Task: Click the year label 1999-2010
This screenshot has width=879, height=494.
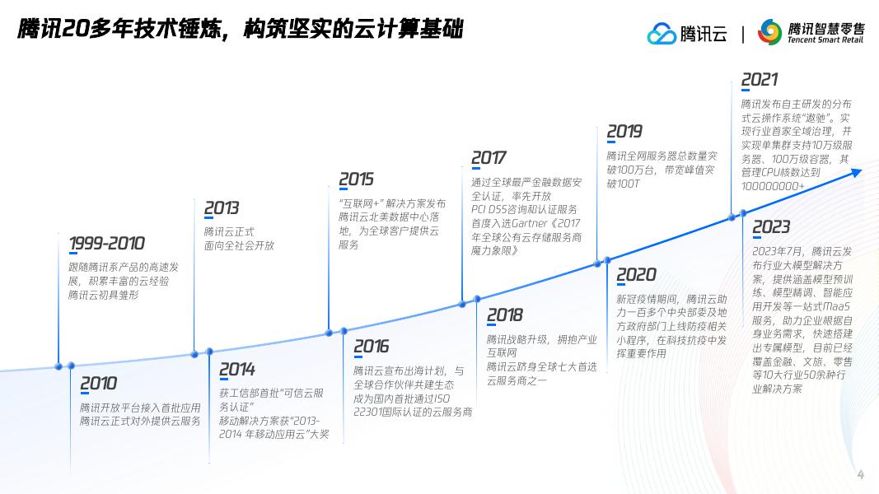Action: coord(106,244)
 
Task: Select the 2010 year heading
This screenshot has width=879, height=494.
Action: coord(98,384)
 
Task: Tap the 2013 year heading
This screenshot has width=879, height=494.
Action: coord(221,208)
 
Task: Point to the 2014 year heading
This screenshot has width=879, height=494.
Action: coord(236,370)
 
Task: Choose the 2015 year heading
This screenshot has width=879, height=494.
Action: coord(356,179)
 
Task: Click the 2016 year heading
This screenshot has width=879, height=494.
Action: coord(371,347)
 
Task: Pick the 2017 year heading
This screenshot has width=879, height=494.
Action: coord(489,158)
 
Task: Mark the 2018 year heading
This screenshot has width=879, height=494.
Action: coord(504,315)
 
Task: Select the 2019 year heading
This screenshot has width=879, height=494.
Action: coord(624,132)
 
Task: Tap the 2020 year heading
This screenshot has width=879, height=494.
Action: coord(636,275)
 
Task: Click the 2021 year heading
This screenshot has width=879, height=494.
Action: coord(759,80)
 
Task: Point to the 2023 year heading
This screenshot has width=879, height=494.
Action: coord(770,226)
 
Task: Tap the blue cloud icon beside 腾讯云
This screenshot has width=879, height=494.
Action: coord(661,34)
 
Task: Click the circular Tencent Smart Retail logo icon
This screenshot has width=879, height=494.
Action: coord(769,32)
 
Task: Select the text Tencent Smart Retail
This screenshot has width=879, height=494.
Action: coord(825,40)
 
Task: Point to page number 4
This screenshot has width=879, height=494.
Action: coord(861,474)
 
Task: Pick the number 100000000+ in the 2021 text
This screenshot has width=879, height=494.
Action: coord(772,186)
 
